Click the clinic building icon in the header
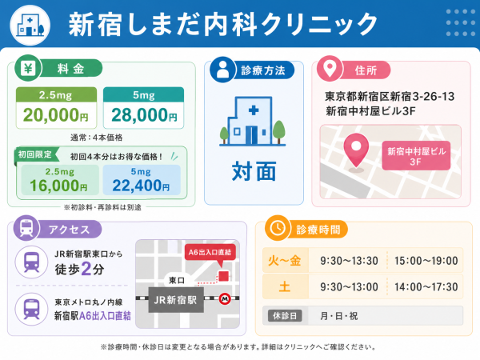click(30, 25)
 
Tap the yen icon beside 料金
click(28, 68)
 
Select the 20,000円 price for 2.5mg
click(56, 115)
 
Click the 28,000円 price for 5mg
click(144, 115)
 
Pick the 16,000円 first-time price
click(58, 186)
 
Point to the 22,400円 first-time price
click(141, 186)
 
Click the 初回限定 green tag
click(35, 154)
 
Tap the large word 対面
click(254, 171)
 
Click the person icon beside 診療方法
click(222, 70)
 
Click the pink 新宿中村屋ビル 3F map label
click(416, 156)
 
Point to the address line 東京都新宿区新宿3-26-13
click(390, 97)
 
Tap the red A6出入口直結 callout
click(210, 253)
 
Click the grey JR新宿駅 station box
click(176, 300)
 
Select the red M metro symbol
click(225, 298)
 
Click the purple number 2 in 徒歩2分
click(86, 270)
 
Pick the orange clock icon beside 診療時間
click(278, 228)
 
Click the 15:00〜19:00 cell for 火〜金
click(426, 261)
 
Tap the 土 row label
click(284, 287)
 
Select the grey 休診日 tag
click(285, 316)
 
